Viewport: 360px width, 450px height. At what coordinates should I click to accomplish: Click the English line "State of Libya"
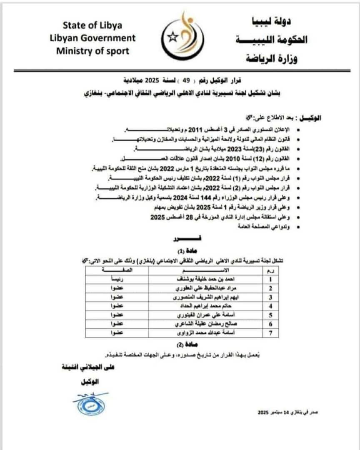coord(92,25)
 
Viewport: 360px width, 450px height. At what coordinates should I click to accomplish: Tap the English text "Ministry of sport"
coord(92,51)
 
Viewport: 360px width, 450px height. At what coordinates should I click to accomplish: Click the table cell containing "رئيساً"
coord(112,279)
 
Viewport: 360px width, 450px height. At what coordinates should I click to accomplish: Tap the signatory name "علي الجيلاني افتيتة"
coord(87,367)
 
